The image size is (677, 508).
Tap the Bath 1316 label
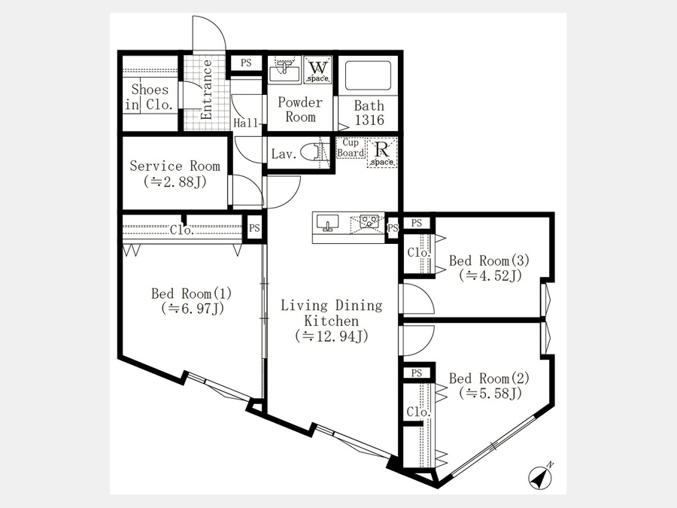click(369, 113)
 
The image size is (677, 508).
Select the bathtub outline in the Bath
click(369, 75)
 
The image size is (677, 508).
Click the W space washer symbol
click(318, 69)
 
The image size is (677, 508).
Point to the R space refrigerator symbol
click(381, 153)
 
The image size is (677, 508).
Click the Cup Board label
click(351, 148)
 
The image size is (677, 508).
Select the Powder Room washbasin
click(284, 69)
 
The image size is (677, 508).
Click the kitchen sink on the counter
click(328, 223)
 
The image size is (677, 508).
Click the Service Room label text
click(175, 166)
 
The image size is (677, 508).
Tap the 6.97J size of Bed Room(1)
click(193, 309)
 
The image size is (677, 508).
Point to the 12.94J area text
click(332, 336)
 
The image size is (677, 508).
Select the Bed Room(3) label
click(489, 260)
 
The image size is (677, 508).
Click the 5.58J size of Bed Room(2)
click(490, 393)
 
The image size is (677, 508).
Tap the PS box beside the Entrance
click(246, 63)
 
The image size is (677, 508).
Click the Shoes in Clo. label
click(150, 97)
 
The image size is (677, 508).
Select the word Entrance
click(206, 90)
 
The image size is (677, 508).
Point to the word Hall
click(246, 123)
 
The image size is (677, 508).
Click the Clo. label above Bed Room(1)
click(182, 230)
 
